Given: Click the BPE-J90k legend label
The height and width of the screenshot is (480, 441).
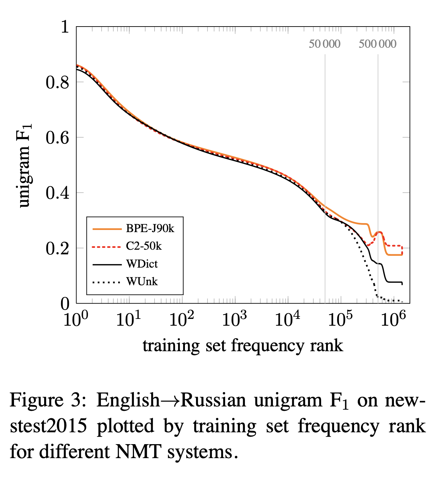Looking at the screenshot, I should (x=150, y=229).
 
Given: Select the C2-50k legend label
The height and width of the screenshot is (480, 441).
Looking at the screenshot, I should (x=144, y=246).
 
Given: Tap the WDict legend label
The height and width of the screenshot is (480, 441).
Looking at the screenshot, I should (x=142, y=264).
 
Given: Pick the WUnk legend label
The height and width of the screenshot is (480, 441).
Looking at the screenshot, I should (x=142, y=282).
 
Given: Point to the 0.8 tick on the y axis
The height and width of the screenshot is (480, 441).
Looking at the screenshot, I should (x=57, y=83).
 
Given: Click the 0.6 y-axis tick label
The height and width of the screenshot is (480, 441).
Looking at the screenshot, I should (x=57, y=138).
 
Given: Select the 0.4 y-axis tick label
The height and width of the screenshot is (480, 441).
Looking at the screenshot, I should (x=57, y=193).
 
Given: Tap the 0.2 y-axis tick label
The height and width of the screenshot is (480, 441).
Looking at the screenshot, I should (x=57, y=249).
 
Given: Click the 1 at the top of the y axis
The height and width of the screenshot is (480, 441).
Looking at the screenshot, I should (x=65, y=27).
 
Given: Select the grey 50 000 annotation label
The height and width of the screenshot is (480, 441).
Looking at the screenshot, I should (x=325, y=44).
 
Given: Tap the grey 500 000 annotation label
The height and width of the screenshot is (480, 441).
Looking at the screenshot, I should (x=377, y=44).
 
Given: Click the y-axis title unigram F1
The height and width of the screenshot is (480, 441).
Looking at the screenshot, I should (x=25, y=165).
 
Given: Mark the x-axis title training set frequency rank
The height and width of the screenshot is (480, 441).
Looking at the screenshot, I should (x=243, y=345).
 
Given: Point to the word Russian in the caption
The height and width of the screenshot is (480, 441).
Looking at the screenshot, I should (x=213, y=400).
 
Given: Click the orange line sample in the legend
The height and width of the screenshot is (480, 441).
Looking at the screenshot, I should (x=107, y=229).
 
